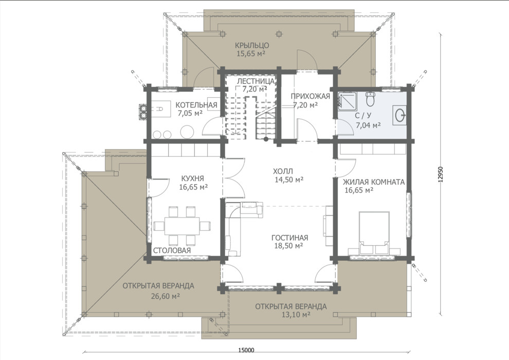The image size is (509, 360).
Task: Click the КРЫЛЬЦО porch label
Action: pyautogui.click(x=252, y=45)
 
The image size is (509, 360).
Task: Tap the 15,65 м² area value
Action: pyautogui.click(x=251, y=54)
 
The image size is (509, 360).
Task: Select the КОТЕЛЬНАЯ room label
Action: pyautogui.click(x=196, y=105)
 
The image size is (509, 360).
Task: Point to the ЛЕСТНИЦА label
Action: pyautogui.click(x=256, y=81)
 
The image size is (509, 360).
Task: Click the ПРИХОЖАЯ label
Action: pyautogui.click(x=311, y=96)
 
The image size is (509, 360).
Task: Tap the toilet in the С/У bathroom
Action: pyautogui.click(x=370, y=99)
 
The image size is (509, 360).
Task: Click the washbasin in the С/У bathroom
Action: pyautogui.click(x=399, y=115)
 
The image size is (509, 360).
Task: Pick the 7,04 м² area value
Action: pyautogui.click(x=368, y=124)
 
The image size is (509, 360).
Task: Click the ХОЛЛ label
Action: pyautogui.click(x=283, y=171)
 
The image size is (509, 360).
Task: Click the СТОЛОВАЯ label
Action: pyautogui.click(x=172, y=250)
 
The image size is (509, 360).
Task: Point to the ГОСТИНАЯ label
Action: pyautogui.click(x=289, y=238)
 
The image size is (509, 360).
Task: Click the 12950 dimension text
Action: pyautogui.click(x=440, y=175)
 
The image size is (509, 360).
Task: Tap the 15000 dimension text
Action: pyautogui.click(x=246, y=350)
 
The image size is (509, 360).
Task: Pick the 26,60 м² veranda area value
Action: pyautogui.click(x=166, y=296)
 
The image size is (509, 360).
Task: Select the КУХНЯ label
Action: pyautogui.click(x=192, y=178)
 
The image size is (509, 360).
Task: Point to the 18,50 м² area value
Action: pyautogui.click(x=288, y=246)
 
